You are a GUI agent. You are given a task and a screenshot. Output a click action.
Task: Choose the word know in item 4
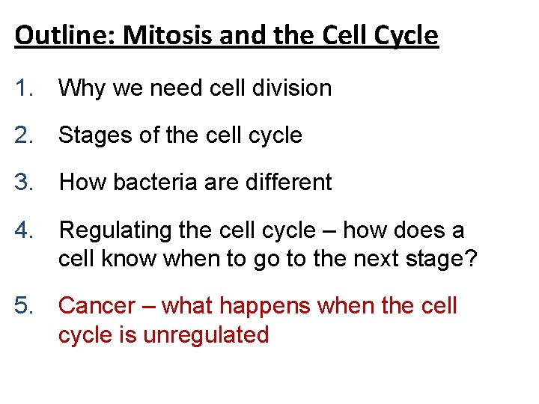[x=131, y=258]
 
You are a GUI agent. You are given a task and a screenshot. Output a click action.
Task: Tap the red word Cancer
[x=97, y=306]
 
